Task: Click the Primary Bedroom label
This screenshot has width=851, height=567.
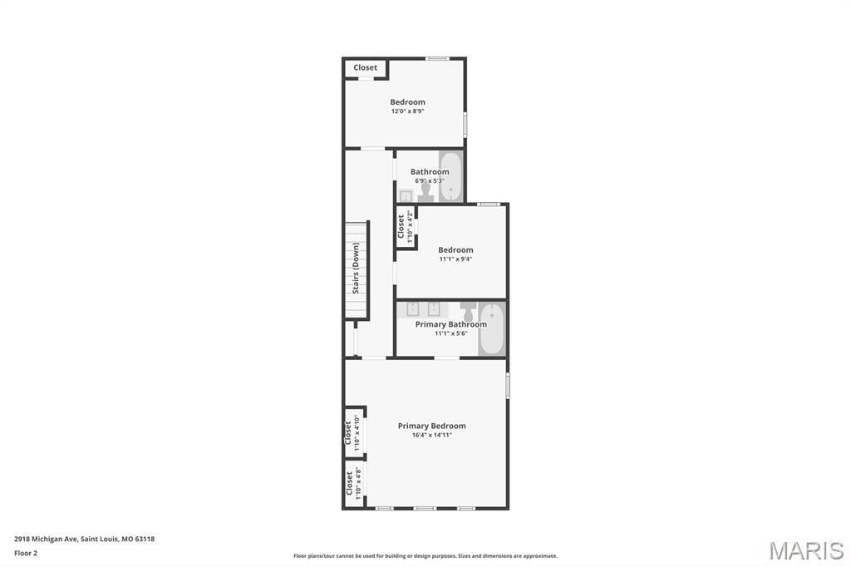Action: tap(431, 426)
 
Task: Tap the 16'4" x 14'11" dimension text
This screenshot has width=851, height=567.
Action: tap(431, 435)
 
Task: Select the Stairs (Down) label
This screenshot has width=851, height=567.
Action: tap(356, 268)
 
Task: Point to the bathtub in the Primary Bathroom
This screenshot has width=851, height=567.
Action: tap(492, 330)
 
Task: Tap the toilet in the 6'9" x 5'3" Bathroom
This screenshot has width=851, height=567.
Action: tap(425, 192)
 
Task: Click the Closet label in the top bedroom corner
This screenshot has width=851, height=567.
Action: tap(366, 67)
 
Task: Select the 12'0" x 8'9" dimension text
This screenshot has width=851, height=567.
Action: tap(407, 111)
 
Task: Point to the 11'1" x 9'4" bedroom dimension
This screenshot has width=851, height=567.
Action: tap(455, 259)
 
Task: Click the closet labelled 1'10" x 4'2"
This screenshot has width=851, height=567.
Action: tap(406, 227)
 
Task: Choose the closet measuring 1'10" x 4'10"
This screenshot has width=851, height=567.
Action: tap(354, 433)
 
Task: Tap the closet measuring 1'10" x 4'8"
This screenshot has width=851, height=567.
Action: tap(354, 483)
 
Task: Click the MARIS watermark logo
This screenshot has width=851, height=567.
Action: tap(806, 550)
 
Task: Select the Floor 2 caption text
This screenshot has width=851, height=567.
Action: tap(26, 554)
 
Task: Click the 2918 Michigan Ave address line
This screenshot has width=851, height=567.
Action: tap(84, 539)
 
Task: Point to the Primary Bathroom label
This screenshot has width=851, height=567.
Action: tap(451, 324)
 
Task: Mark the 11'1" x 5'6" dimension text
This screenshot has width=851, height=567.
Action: tap(451, 333)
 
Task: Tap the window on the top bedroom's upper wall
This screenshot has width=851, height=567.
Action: tap(437, 59)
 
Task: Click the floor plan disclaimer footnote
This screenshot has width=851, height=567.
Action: tap(425, 556)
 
